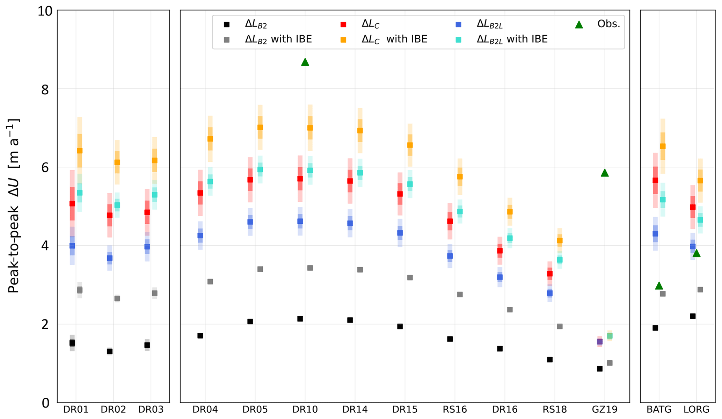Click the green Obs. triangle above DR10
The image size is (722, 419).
point(305,62)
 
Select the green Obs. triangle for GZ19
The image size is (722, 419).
point(605,173)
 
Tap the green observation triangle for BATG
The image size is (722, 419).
point(659,286)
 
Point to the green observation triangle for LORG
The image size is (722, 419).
point(697,253)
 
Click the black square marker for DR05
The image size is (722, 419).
point(250,322)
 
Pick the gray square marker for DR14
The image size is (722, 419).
point(360,270)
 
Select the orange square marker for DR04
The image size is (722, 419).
point(210,139)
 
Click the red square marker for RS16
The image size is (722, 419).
point(450,221)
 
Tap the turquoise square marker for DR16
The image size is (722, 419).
point(510,238)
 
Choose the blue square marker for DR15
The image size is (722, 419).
point(400,233)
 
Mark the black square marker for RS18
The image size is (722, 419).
point(550,360)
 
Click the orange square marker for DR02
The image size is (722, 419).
point(117,162)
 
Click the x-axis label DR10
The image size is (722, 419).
point(305,410)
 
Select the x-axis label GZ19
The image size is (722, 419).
point(605,410)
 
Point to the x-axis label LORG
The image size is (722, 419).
point(697,410)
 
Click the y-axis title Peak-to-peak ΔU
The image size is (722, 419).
point(14,206)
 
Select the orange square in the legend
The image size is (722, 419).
point(343,39)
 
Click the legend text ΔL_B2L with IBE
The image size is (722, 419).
point(512,39)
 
